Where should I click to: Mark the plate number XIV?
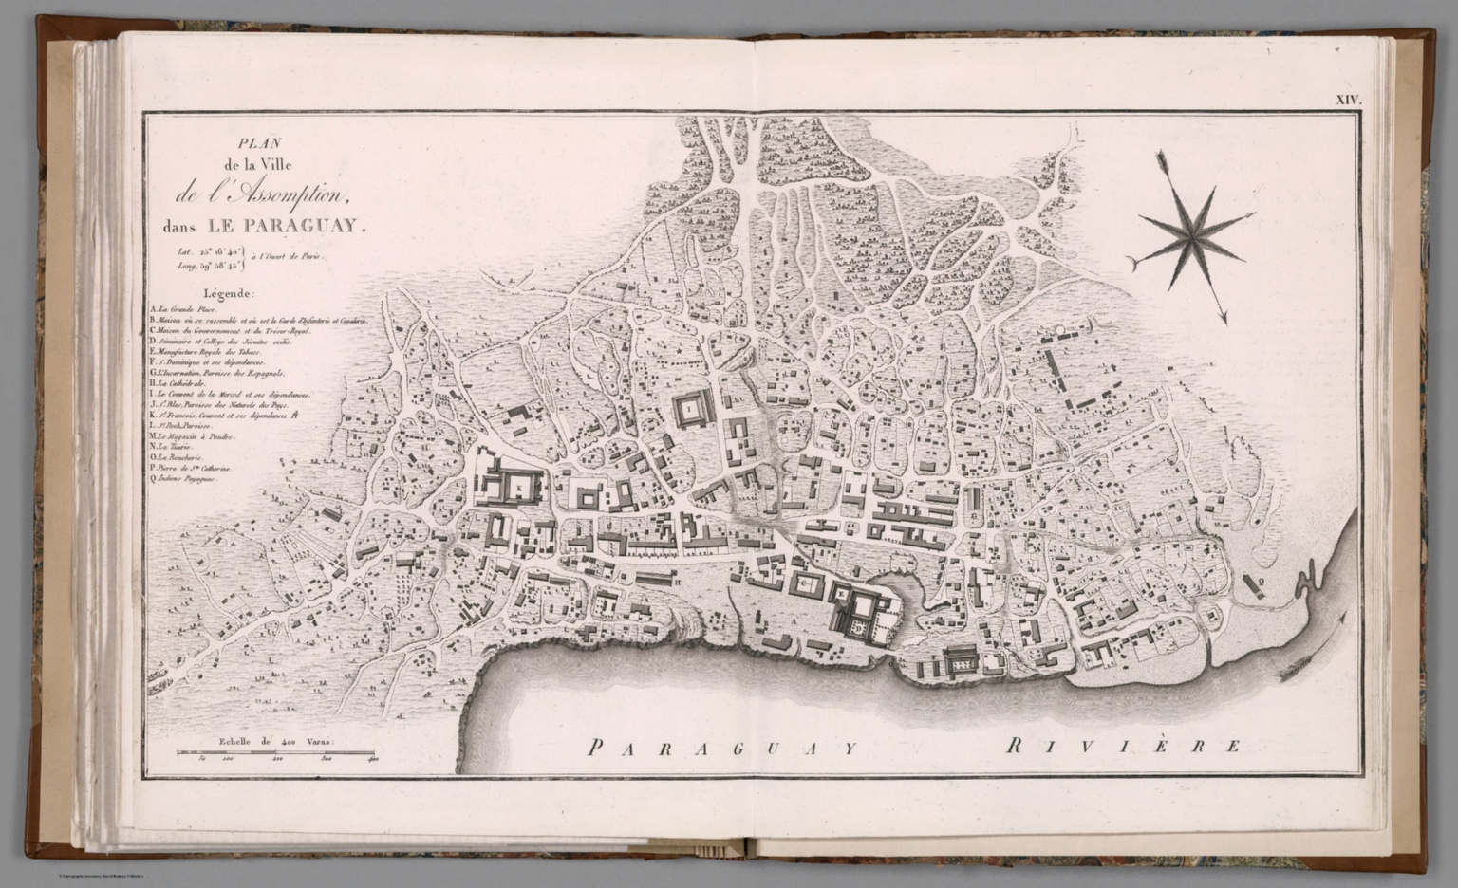click(1349, 100)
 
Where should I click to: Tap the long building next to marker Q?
click(1251, 589)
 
